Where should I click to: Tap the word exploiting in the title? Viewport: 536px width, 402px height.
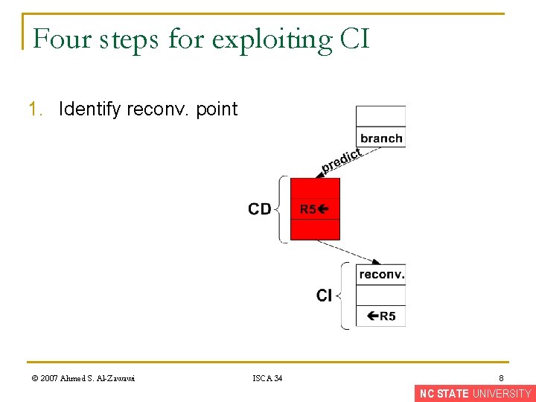[x=271, y=40]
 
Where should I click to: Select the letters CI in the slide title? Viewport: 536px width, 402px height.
[x=354, y=39]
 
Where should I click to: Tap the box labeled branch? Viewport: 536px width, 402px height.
[x=380, y=138]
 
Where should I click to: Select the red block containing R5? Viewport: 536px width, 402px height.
[x=314, y=209]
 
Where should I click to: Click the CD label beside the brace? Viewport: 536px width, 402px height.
[x=260, y=209]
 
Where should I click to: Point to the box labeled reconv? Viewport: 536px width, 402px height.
[x=380, y=275]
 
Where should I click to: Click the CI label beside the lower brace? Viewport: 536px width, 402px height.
[x=324, y=296]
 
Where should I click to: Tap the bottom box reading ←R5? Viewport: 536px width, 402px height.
[x=380, y=316]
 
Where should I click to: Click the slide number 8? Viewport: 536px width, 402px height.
[x=502, y=378]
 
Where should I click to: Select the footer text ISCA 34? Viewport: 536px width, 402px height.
[x=267, y=378]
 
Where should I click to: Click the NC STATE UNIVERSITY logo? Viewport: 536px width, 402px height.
[x=475, y=394]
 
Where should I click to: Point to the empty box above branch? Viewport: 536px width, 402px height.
[x=380, y=116]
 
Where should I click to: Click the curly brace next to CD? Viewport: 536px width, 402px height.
[x=281, y=209]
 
